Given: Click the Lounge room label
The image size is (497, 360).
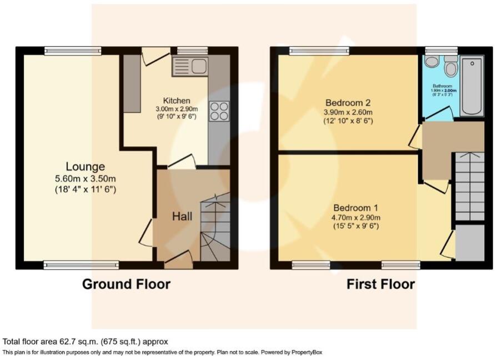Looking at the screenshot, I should pos(86,167).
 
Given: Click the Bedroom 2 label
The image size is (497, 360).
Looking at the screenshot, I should pos(348,103).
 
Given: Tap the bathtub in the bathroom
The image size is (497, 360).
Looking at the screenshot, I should pos(471,86).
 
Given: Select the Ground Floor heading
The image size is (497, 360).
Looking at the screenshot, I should pos(126,284).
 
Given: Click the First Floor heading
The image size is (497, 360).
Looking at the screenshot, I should pos(380,284).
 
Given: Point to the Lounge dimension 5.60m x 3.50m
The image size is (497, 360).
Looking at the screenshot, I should pos(86,179).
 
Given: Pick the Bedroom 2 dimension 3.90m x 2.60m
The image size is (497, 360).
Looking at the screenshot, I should pos(348,112).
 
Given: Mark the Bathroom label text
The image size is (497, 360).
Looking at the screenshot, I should pos(443,86).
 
